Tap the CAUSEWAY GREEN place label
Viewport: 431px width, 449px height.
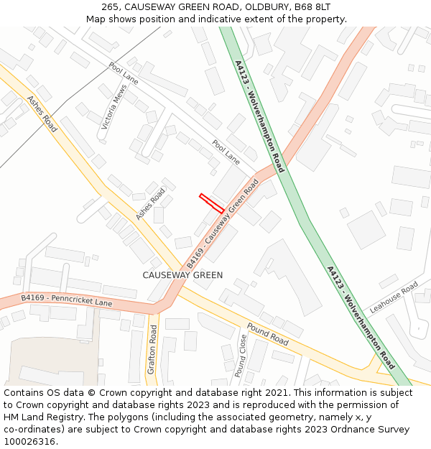tap(182, 275)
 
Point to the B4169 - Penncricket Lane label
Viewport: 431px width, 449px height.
tap(67, 300)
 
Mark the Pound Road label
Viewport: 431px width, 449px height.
tap(267, 335)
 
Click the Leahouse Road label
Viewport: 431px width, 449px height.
tap(394, 297)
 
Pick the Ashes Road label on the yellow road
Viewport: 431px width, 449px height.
tap(42, 114)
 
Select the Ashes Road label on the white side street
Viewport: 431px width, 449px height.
tap(150, 204)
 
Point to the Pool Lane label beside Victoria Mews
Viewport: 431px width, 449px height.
tap(123, 73)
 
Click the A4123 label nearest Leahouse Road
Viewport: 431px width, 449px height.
tap(360, 317)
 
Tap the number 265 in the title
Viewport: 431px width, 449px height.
tap(110, 7)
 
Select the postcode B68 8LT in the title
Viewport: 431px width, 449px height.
tap(311, 7)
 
